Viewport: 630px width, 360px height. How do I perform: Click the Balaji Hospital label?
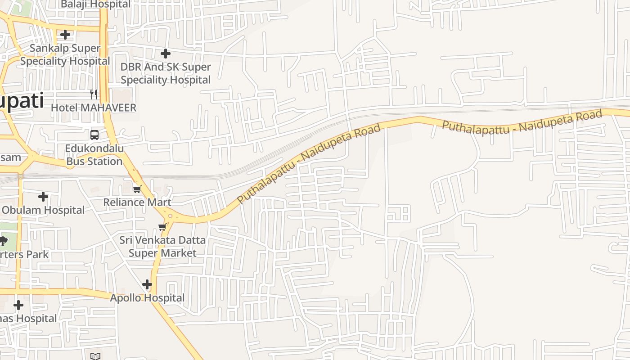(x=95, y=4)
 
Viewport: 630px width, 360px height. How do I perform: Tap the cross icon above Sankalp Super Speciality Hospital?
(x=65, y=34)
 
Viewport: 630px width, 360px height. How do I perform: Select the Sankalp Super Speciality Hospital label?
(x=65, y=54)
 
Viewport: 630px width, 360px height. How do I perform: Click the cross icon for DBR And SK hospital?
(x=166, y=54)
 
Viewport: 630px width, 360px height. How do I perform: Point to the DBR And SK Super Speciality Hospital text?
(x=166, y=73)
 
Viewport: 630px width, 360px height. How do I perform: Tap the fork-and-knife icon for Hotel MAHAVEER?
(x=94, y=94)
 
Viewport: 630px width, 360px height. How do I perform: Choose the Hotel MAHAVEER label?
(x=94, y=108)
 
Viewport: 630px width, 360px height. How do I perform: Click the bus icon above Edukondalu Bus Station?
(x=94, y=135)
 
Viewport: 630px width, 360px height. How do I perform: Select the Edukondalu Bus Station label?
(x=94, y=155)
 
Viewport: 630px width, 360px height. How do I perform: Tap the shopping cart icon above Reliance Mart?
(x=137, y=189)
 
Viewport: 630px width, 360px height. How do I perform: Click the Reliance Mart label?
(x=137, y=202)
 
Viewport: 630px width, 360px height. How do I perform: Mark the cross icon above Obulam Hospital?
(x=43, y=197)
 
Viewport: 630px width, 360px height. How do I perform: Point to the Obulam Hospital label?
(x=43, y=210)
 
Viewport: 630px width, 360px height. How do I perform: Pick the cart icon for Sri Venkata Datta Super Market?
(x=162, y=227)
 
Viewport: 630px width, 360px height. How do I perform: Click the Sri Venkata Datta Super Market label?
(x=162, y=246)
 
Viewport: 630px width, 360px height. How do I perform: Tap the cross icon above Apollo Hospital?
(x=147, y=284)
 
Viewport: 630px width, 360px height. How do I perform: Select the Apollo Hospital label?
(x=147, y=298)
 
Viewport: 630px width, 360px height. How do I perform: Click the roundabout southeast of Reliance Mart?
(x=170, y=216)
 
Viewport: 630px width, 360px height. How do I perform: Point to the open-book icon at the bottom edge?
(x=95, y=356)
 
